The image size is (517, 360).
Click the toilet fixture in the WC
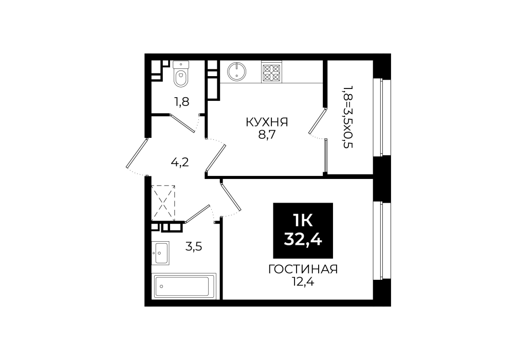(181, 74)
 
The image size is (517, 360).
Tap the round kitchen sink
(236, 71)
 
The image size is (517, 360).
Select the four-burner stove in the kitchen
(271, 73)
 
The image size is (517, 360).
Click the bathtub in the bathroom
(184, 286)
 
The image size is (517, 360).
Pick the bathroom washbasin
(160, 253)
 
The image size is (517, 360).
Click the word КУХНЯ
(267, 122)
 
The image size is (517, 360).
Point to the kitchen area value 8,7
(267, 135)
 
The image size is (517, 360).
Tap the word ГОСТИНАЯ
(303, 269)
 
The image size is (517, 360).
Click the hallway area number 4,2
(180, 163)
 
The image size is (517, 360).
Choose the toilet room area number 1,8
(181, 102)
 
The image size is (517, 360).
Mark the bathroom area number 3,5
(194, 246)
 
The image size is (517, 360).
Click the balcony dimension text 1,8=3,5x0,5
(348, 117)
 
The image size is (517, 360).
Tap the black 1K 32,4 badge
(303, 230)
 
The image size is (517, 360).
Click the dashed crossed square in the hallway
(163, 203)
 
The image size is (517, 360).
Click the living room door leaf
(232, 197)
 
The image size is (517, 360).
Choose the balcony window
(381, 117)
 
